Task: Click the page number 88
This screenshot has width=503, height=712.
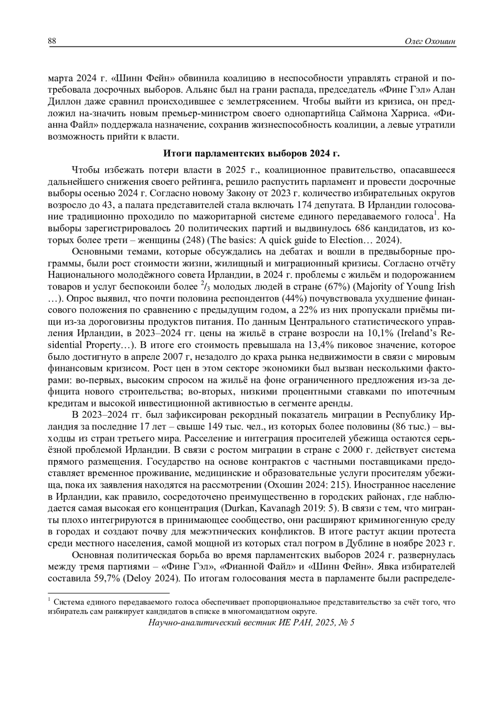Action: coord(52,41)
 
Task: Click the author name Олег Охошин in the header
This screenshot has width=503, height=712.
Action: coord(430,41)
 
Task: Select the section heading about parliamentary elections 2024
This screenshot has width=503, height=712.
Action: coord(251,153)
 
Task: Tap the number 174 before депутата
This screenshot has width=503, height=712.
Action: coord(303,205)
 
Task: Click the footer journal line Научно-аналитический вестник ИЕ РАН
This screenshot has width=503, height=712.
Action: coord(251,622)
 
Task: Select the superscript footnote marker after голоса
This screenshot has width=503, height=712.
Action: coord(436,214)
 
